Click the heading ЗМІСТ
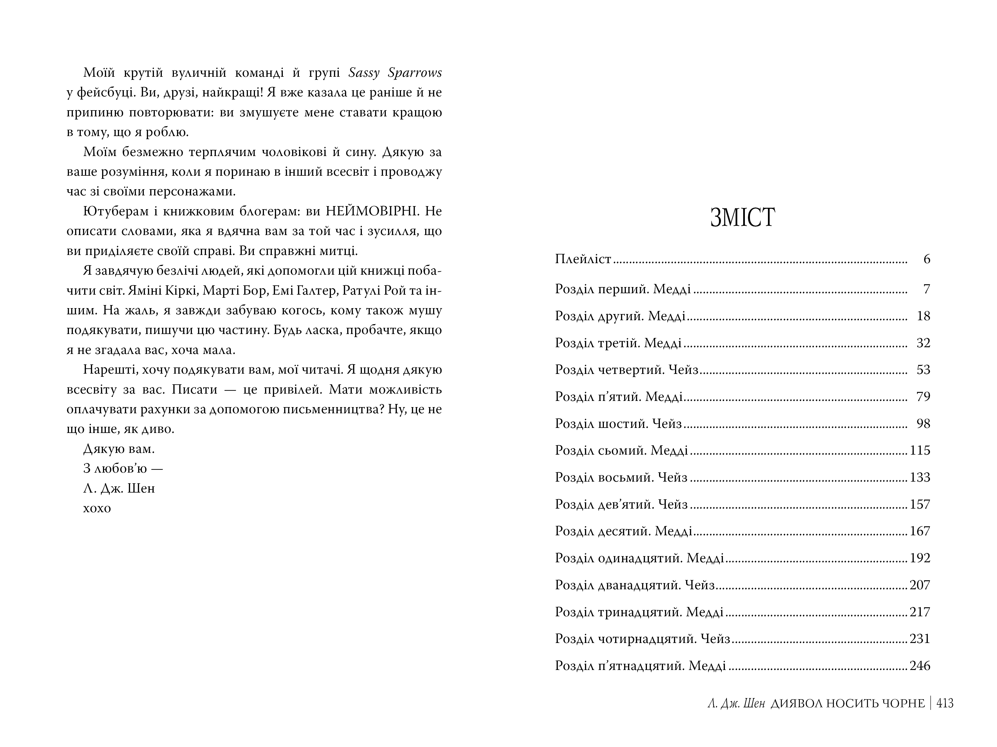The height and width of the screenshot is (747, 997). pyautogui.click(x=742, y=218)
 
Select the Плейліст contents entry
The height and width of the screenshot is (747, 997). pyautogui.click(x=583, y=259)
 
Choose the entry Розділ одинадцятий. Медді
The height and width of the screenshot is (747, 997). pyautogui.click(x=639, y=558)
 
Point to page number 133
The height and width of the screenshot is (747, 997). pyautogui.click(x=920, y=477)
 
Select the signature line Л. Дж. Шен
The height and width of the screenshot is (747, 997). pyautogui.click(x=119, y=489)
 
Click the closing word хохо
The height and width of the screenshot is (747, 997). pyautogui.click(x=97, y=508)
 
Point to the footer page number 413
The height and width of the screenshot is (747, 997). pyautogui.click(x=945, y=703)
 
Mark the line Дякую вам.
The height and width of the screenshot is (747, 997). pyautogui.click(x=119, y=449)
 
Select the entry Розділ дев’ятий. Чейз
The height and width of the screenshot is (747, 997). pyautogui.click(x=621, y=504)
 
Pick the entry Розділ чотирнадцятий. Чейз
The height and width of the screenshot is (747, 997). pyautogui.click(x=642, y=639)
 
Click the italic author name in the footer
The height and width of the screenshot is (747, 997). pyautogui.click(x=736, y=703)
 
